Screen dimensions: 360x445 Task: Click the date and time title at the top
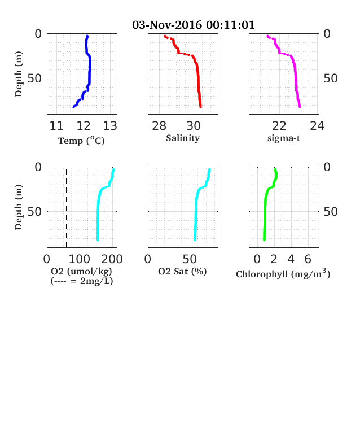[194, 25]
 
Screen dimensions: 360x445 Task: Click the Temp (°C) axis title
[81, 141]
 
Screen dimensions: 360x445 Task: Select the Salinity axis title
[183, 138]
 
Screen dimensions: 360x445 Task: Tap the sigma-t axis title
[284, 138]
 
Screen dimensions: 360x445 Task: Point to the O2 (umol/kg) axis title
[81, 271]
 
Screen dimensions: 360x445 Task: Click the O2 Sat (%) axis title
[182, 271]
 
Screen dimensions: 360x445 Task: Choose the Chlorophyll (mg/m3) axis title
[283, 273]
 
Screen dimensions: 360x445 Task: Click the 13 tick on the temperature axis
[110, 126]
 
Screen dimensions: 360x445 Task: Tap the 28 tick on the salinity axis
[159, 126]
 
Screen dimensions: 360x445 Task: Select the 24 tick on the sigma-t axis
[317, 126]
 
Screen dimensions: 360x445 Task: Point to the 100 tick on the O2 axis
[80, 259]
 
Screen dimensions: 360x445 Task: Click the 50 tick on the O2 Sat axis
[190, 259]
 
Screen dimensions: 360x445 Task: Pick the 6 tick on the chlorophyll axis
[308, 259]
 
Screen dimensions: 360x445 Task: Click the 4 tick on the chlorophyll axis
[291, 259]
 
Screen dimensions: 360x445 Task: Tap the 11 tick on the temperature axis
[56, 126]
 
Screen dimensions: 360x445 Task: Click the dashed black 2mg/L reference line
[67, 208]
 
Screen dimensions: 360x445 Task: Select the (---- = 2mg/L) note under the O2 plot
[82, 281]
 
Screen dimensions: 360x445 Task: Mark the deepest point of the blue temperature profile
[73, 107]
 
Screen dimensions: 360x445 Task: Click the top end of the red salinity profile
[165, 36]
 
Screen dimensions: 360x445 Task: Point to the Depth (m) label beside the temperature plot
[19, 74]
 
